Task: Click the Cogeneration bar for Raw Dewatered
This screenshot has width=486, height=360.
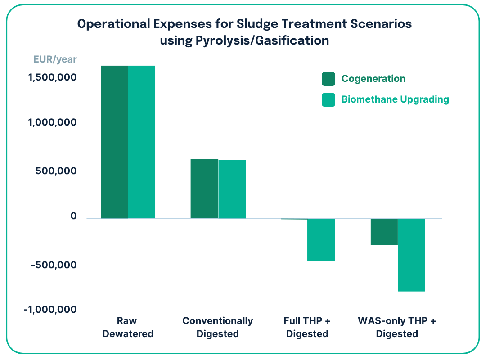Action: pos(114,142)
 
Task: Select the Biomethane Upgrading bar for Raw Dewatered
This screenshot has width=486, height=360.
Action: pos(142,142)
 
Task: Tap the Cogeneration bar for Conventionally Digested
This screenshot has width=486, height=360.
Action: pos(204,189)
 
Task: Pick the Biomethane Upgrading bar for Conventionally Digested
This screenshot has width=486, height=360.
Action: pos(232,189)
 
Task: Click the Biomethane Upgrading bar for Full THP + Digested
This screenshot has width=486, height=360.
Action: pos(321,239)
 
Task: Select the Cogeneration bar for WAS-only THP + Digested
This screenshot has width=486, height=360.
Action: pos(384,232)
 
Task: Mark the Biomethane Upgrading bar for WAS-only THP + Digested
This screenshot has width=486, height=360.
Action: pos(411,255)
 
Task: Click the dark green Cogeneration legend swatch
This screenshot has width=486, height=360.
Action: pos(328,79)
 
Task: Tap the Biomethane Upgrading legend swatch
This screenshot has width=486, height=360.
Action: pos(328,99)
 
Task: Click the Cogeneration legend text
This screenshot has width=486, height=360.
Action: pos(373,79)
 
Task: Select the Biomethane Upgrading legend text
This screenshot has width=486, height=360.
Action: pos(395,99)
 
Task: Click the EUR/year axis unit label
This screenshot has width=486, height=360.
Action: pos(55,59)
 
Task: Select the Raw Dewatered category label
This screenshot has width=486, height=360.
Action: pos(128,327)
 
